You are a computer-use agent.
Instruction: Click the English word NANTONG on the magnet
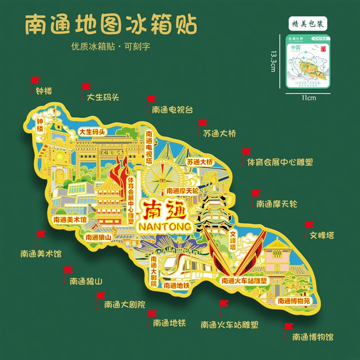(x=162, y=225)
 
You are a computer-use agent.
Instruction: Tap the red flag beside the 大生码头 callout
(x=85, y=87)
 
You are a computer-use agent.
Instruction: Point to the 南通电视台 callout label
(x=172, y=109)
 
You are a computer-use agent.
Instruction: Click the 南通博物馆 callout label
(x=313, y=337)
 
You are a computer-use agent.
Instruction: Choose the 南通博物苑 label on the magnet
(x=293, y=301)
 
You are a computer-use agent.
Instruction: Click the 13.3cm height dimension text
(x=273, y=60)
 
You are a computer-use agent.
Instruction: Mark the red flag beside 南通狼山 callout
(x=68, y=270)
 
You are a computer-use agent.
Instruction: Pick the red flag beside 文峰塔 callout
(x=309, y=225)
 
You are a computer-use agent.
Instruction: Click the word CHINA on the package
(x=319, y=39)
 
